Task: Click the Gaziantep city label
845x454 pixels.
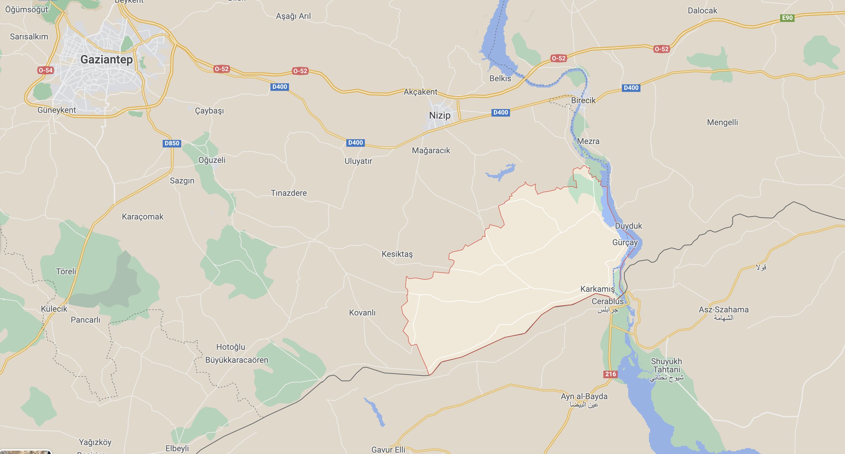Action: point(106,60)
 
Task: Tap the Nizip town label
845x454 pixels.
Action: point(440,116)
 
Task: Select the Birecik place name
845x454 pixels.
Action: point(583,100)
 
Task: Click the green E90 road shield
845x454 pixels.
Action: point(787,18)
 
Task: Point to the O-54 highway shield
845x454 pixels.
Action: point(45,71)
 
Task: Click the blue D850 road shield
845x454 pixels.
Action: point(172,143)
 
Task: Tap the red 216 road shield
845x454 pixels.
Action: point(610,374)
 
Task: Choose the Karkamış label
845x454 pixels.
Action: point(597,289)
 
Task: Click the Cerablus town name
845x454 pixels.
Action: point(607,301)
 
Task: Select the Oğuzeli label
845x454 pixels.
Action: point(212,160)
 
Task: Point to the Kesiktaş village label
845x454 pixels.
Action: point(397,254)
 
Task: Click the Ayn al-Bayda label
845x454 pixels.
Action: point(584,397)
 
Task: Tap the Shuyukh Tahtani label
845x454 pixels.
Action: point(666,366)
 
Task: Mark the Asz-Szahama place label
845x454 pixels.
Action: point(724,310)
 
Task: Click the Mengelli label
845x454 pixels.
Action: point(722,122)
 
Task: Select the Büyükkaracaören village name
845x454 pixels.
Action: point(236,360)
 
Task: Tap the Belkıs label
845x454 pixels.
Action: point(500,79)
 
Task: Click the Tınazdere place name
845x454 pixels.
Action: point(289,193)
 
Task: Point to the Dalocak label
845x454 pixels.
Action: point(702,11)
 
